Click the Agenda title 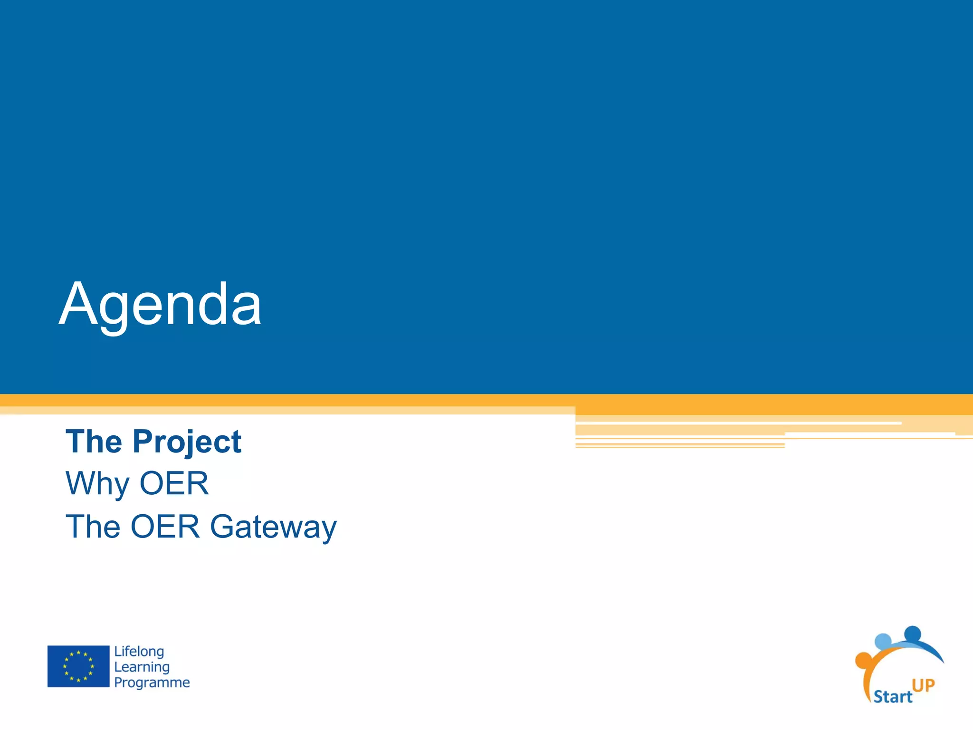[160, 304]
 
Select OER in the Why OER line [174, 483]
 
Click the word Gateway [273, 528]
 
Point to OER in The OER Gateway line [165, 527]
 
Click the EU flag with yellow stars [78, 666]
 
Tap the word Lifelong [139, 651]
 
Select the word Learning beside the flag [142, 667]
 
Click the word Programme [152, 682]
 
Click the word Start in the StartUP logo [892, 697]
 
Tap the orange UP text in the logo [923, 685]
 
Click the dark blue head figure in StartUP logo [913, 634]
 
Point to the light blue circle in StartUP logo [883, 642]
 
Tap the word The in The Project [94, 442]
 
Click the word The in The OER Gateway [93, 527]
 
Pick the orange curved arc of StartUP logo [869, 680]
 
